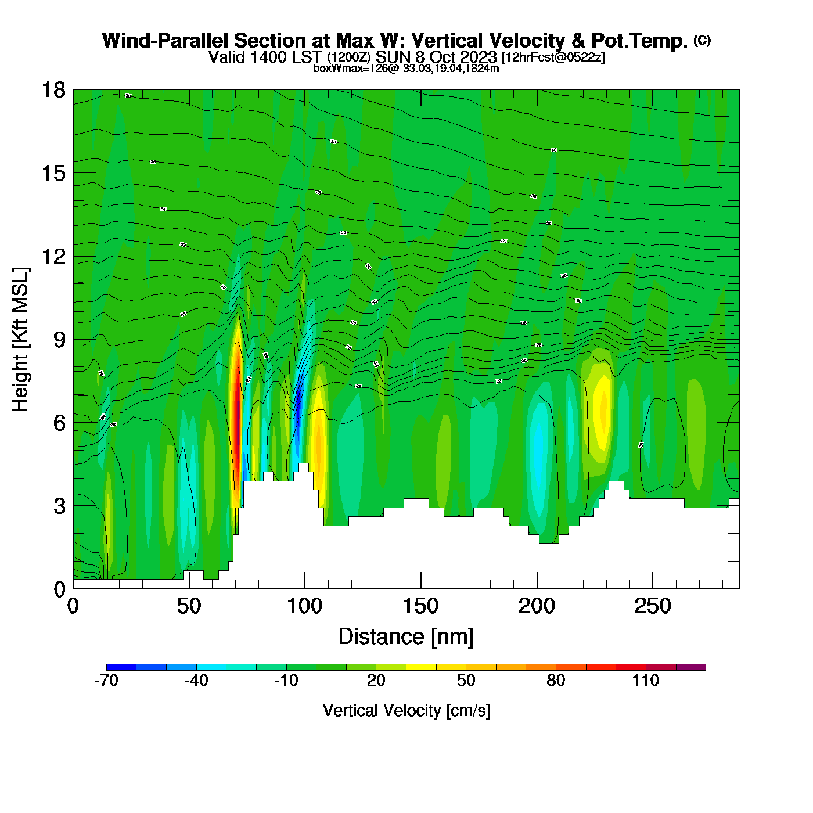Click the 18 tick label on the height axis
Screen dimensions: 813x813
pyautogui.click(x=53, y=90)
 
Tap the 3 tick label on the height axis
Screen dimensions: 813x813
pyautogui.click(x=60, y=506)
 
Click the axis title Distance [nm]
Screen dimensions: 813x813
pyautogui.click(x=406, y=637)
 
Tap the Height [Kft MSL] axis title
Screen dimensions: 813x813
pyautogui.click(x=20, y=340)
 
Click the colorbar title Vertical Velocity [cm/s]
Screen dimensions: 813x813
pyautogui.click(x=406, y=711)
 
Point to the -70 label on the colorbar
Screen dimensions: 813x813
pyautogui.click(x=106, y=681)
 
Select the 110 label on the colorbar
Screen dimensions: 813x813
pyautogui.click(x=646, y=681)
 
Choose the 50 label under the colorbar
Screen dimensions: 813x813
pyautogui.click(x=466, y=681)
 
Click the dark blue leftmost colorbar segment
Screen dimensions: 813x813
pyautogui.click(x=121, y=667)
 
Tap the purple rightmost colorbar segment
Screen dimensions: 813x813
pyautogui.click(x=691, y=667)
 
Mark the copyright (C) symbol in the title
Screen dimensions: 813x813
pyautogui.click(x=702, y=40)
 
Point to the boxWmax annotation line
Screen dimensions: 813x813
pyautogui.click(x=406, y=69)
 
